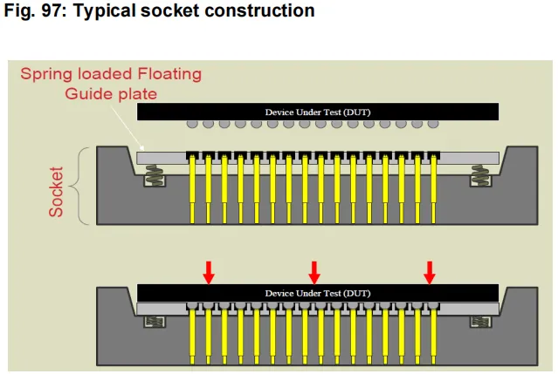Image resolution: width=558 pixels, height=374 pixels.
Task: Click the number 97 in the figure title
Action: (x=52, y=10)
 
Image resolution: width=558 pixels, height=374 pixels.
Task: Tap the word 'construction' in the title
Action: (x=259, y=10)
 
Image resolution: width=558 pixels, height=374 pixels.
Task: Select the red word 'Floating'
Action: (x=169, y=75)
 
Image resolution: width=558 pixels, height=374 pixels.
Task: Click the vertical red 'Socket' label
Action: (x=56, y=192)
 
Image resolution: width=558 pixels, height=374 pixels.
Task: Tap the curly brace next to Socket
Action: (x=79, y=186)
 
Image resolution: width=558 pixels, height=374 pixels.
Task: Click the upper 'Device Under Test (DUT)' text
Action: (x=318, y=112)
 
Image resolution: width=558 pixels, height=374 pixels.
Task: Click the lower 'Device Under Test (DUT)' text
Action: (x=318, y=294)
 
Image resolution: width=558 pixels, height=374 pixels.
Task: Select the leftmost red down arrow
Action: (x=209, y=273)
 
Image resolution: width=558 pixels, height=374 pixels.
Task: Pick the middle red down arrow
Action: (x=313, y=273)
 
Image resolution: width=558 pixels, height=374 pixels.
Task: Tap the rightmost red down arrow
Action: (x=430, y=273)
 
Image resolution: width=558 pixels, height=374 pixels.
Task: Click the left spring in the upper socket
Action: (x=155, y=174)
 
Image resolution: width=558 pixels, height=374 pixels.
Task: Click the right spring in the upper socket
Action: (x=480, y=174)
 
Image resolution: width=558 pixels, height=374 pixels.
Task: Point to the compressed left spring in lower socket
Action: (x=155, y=322)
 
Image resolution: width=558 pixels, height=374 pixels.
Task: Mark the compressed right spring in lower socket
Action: (x=480, y=322)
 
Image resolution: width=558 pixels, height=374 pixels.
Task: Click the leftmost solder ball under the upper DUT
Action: (x=192, y=124)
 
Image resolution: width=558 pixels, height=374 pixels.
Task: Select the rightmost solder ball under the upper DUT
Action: (x=433, y=124)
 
